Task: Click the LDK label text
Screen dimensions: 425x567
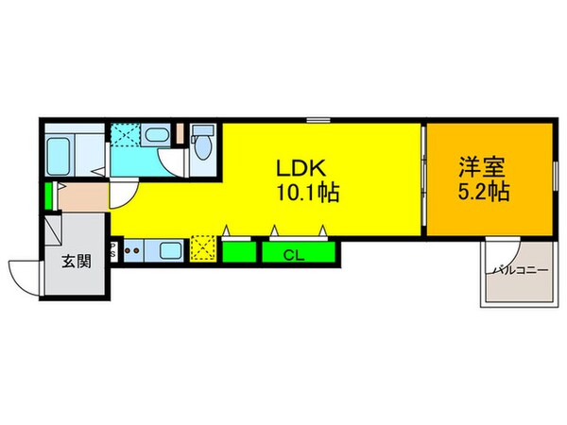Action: pos(301,168)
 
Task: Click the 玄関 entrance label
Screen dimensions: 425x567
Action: pos(77,261)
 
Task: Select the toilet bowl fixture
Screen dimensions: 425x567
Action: pos(200,144)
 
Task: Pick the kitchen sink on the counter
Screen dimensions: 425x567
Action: pos(171,251)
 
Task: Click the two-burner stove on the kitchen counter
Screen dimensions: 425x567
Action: pos(133,251)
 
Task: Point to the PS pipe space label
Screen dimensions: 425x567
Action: pos(113,252)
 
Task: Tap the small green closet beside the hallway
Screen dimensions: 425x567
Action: pos(47,197)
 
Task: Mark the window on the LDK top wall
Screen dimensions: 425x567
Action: pos(318,120)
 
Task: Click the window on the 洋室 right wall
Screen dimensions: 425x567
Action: pos(554,179)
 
